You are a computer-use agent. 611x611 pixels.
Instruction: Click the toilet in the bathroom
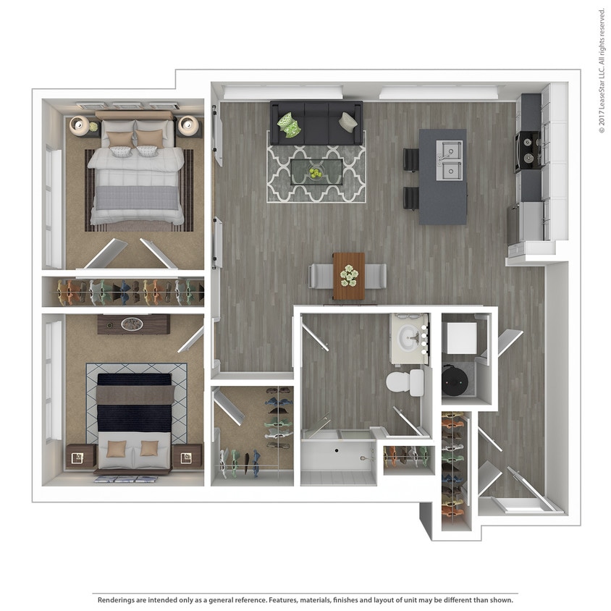tap(405, 382)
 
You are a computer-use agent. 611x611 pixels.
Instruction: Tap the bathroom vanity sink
tap(410, 336)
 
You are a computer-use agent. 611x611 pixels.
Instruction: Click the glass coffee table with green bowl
tap(316, 173)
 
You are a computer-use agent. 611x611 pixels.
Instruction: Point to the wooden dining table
tap(348, 276)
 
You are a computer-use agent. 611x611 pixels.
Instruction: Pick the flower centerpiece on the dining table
tap(349, 274)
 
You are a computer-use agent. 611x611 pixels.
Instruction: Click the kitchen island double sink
tap(450, 161)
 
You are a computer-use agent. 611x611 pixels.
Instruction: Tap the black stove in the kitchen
tap(528, 151)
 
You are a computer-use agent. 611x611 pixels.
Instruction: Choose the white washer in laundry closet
tap(461, 337)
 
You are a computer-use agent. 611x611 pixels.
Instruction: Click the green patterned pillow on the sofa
tap(290, 124)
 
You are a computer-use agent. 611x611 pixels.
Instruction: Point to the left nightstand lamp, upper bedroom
tap(79, 125)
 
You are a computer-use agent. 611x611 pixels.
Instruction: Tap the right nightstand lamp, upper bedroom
tap(189, 125)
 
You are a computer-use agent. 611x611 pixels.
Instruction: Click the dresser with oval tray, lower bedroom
tap(133, 324)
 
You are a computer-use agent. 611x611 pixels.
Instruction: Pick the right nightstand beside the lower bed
tap(187, 456)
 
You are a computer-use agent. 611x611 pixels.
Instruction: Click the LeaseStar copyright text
tap(601, 70)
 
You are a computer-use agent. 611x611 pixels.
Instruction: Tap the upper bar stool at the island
tap(410, 159)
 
